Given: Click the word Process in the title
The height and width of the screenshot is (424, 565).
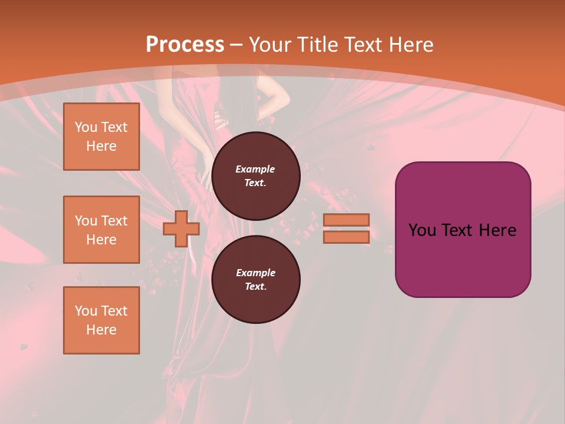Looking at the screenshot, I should click(x=185, y=45).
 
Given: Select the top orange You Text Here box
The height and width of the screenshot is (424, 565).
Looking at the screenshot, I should click(x=101, y=137).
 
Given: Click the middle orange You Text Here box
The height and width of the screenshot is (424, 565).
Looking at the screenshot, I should click(x=101, y=230).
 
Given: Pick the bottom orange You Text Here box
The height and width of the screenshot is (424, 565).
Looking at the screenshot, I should click(x=101, y=320).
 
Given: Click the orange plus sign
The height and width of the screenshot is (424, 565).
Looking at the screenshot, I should click(x=181, y=228).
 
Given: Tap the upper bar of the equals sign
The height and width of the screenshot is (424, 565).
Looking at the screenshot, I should click(x=346, y=220).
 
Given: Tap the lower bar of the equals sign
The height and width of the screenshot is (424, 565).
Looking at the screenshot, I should click(x=346, y=237).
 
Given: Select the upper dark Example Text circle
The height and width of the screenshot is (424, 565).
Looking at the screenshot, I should click(x=255, y=176).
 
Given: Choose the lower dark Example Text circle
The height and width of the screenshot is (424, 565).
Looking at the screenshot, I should click(x=255, y=280).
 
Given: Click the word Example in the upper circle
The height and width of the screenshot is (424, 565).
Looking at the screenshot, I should click(x=255, y=170).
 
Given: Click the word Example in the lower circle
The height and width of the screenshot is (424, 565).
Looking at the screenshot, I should click(x=255, y=273).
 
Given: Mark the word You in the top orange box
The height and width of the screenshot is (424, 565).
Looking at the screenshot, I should click(x=85, y=127).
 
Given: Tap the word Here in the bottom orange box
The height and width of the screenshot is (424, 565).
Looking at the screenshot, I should click(x=101, y=330).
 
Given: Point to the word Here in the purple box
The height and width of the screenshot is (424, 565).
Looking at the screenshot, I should click(x=497, y=230).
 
